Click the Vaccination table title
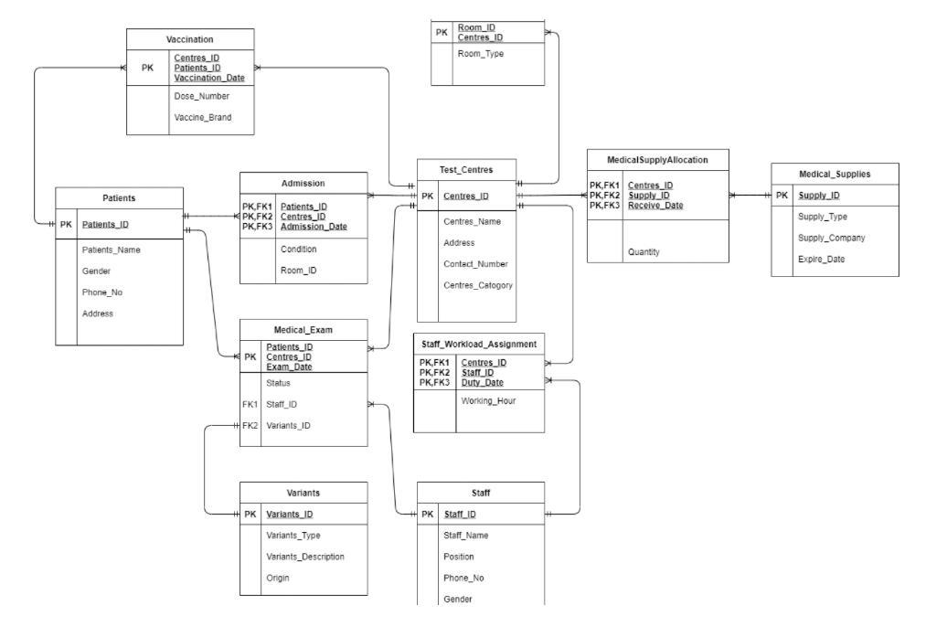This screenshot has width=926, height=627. [x=189, y=39]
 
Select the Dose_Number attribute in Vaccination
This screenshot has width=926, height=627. [x=202, y=95]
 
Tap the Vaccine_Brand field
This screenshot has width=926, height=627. [x=203, y=117]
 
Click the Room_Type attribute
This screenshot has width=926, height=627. [x=480, y=54]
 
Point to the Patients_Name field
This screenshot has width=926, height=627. [x=111, y=250]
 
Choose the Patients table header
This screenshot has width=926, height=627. [x=120, y=197]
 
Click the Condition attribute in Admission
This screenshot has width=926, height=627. [x=299, y=249]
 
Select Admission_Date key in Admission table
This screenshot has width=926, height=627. [x=314, y=226]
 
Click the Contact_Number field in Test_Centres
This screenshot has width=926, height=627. [x=475, y=263]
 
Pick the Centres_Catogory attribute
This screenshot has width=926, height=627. [x=478, y=284]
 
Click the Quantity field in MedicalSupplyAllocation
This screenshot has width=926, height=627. [x=644, y=251]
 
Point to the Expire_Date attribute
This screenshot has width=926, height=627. [x=821, y=259]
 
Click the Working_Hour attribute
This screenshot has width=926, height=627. [x=488, y=401]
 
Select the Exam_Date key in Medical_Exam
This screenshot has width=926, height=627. [x=288, y=366]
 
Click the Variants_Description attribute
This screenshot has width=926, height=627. [x=305, y=556]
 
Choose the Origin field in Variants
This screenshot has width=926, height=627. [x=277, y=577]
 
